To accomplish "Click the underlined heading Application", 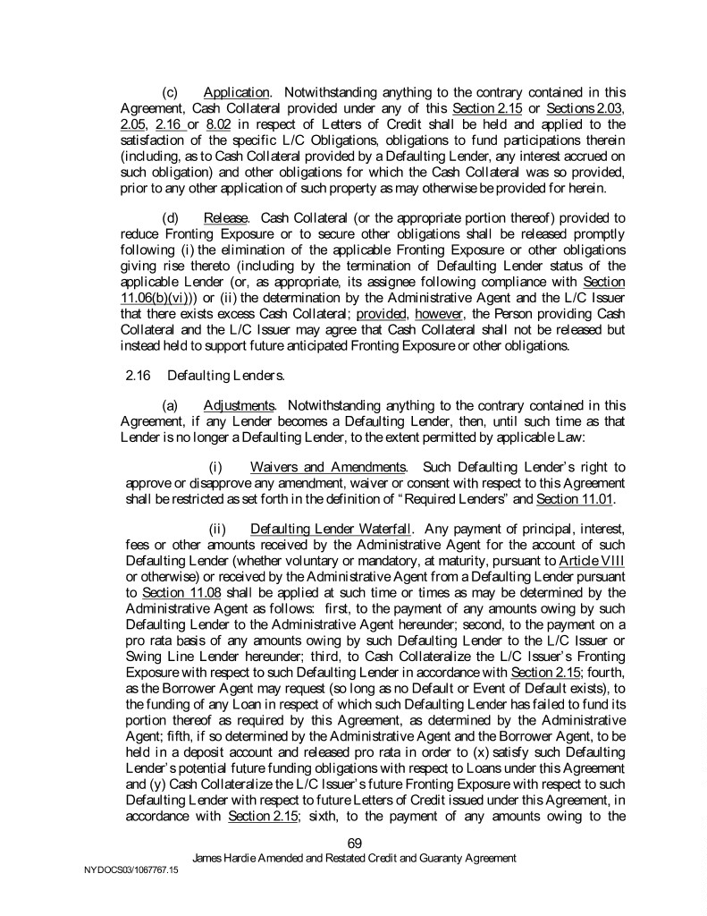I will tap(237, 92).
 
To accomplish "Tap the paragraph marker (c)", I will tap(171, 92).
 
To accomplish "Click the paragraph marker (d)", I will tap(171, 218).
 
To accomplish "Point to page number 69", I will tap(354, 842).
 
